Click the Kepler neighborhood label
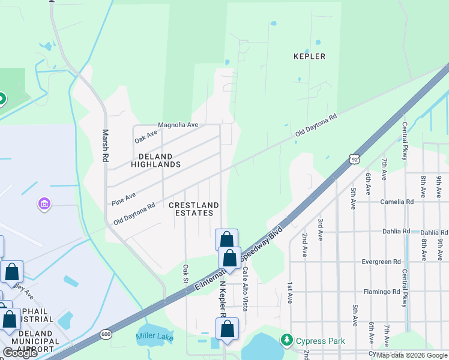pyautogui.click(x=309, y=56)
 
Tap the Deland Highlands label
pyautogui.click(x=155, y=160)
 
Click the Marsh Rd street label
pyautogui.click(x=105, y=146)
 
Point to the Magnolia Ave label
pyautogui.click(x=178, y=125)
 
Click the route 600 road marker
pyautogui.click(x=106, y=334)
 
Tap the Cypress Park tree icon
pyautogui.click(x=286, y=341)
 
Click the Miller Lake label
pyautogui.click(x=155, y=338)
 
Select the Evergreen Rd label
pyautogui.click(x=381, y=262)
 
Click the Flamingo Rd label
pyautogui.click(x=381, y=292)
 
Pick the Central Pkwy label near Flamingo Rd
pyautogui.click(x=405, y=292)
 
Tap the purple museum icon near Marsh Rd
pyautogui.click(x=44, y=205)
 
